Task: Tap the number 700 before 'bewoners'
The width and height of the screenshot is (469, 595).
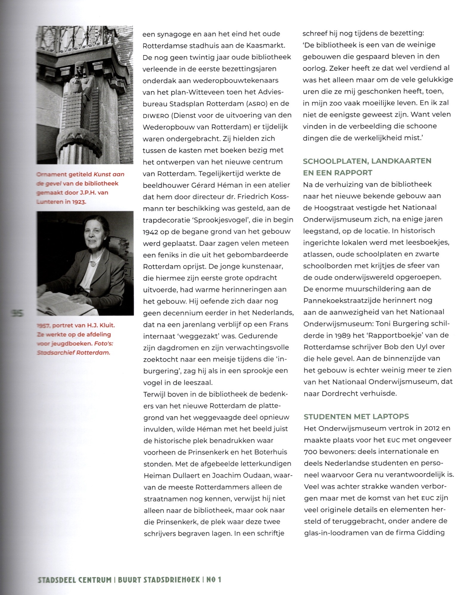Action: (x=309, y=452)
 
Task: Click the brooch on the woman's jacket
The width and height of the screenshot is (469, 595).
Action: (x=93, y=263)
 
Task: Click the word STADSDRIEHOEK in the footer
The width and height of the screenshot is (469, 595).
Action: (x=159, y=580)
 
